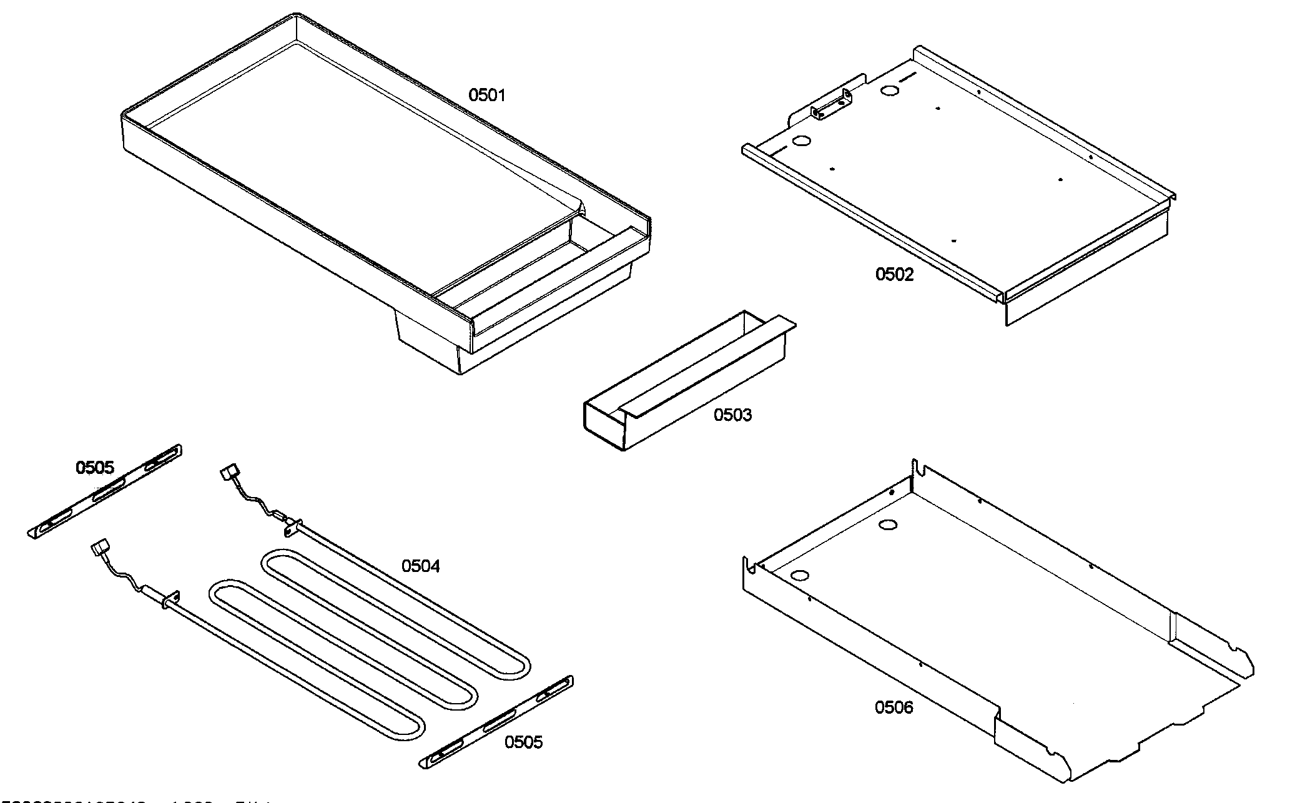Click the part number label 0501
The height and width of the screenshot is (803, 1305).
[x=487, y=95]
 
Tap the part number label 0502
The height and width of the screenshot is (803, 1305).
[x=894, y=274]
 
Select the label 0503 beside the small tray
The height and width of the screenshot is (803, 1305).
[x=733, y=415]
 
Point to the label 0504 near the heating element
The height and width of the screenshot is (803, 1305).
[x=420, y=566]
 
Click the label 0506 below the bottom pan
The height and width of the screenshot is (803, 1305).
[x=894, y=707]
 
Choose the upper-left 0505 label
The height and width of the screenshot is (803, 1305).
[x=95, y=467]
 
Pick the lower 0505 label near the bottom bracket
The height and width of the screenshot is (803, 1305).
[x=523, y=742]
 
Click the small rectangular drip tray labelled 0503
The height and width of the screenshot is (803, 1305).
[x=681, y=381]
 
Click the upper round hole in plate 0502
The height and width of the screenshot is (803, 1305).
[x=889, y=92]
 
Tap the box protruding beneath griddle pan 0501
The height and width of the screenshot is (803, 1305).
[x=431, y=340]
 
